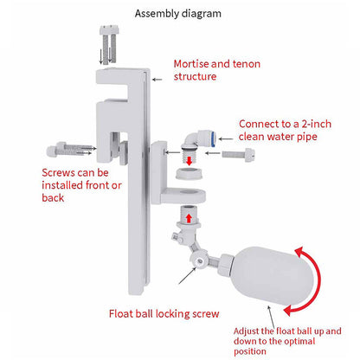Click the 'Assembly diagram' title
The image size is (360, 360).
tap(177, 14)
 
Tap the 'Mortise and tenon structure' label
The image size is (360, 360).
tap(216, 70)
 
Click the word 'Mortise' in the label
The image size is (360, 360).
tap(193, 64)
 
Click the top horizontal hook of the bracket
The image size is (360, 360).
tap(120, 76)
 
